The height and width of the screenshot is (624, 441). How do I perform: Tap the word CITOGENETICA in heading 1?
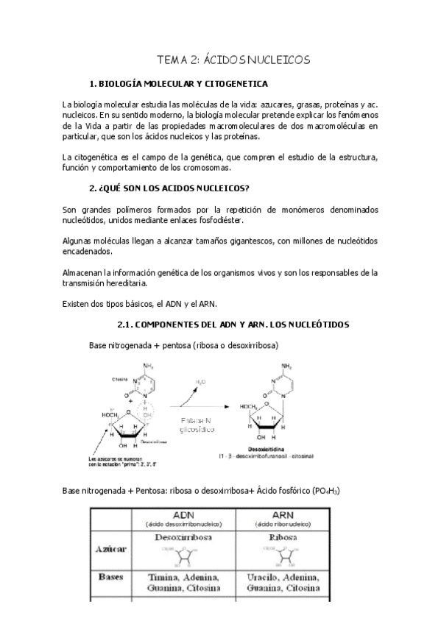(234, 84)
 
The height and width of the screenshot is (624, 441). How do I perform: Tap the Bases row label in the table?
(111, 578)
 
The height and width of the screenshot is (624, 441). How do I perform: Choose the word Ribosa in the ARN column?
(285, 538)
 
